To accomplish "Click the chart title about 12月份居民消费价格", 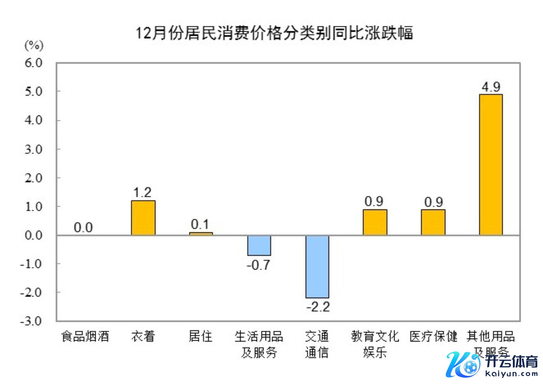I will coord(274,33).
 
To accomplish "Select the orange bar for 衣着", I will coord(143,218).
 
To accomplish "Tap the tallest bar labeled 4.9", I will coord(491,165).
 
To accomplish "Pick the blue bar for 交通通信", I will coord(317,266).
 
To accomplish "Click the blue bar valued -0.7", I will coord(259,245).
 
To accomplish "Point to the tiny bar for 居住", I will coord(201,234).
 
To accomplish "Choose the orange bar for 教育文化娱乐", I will coord(375,222).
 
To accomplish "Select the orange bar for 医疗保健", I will coord(433,222).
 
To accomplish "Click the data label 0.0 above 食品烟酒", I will coord(83,228).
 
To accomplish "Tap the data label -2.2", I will coord(318,307).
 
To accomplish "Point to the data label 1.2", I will coord(142,192).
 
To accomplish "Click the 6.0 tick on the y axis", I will coord(33,63).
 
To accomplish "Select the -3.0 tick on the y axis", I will coord(31,321).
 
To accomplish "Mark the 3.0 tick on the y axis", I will coord(33,149).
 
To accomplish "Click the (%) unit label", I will coord(34,45).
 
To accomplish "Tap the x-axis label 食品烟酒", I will coord(85,337).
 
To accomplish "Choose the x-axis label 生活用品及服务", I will coord(259,344).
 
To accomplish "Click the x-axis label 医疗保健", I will coord(433,337).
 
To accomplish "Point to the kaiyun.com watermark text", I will coord(511,374).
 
